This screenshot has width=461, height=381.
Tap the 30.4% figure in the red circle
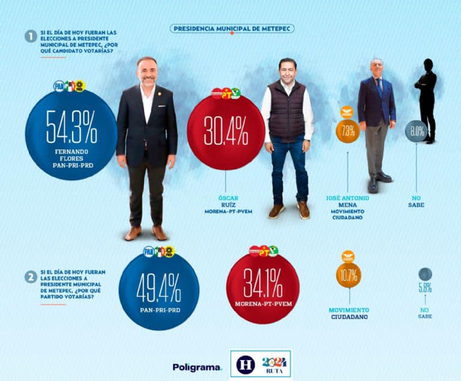pyautogui.click(x=225, y=132)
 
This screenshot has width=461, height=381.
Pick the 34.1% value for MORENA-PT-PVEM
pyautogui.click(x=263, y=285)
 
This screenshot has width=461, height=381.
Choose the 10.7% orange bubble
pyautogui.click(x=348, y=276)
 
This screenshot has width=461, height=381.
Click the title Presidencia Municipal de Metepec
pyautogui.click(x=232, y=28)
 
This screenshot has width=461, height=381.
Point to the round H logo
pyautogui.click(x=246, y=364)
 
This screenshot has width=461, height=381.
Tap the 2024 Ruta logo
pyautogui.click(x=276, y=364)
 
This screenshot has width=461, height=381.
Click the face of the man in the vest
pyautogui.click(x=288, y=70)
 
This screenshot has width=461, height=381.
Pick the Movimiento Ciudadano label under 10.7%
pyautogui.click(x=349, y=313)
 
